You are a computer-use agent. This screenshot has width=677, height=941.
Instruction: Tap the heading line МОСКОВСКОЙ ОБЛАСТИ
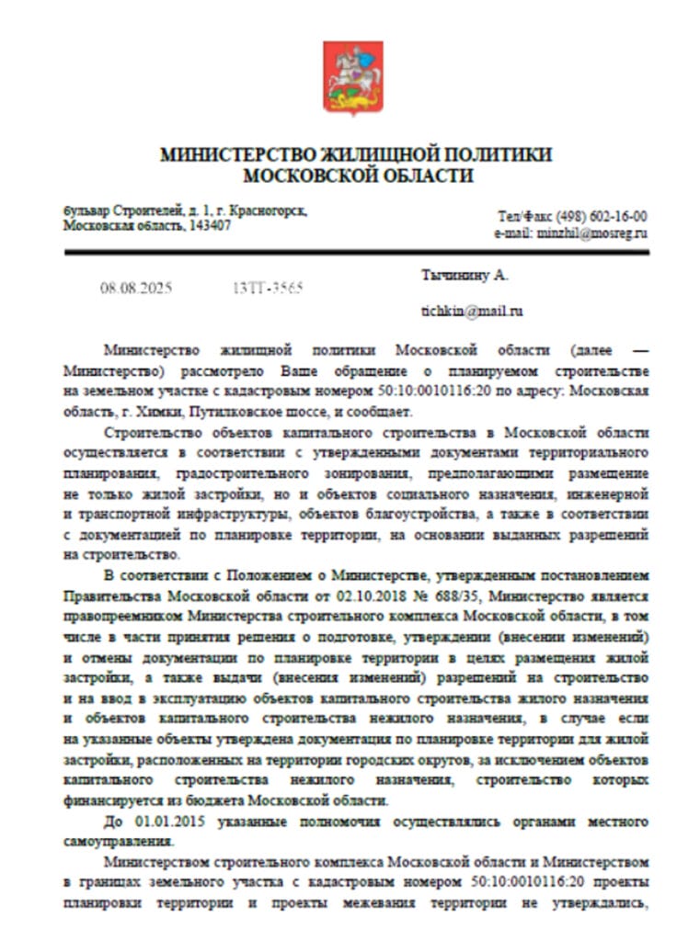357,176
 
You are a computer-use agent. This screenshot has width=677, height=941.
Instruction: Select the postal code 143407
209,225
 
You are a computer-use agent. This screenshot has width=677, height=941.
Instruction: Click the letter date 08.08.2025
136,288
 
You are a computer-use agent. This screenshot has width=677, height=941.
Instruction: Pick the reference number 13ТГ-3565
269,288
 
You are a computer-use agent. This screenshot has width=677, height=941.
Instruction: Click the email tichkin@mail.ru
473,311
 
